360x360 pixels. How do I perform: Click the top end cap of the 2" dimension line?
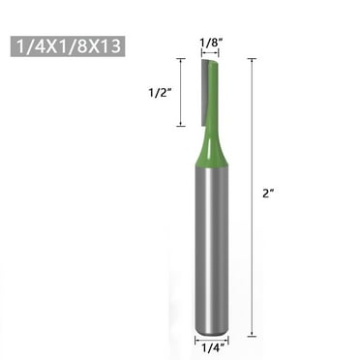click(253, 59)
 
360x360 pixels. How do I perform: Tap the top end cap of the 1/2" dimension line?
click(180, 59)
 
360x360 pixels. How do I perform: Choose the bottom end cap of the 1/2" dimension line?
click(180, 126)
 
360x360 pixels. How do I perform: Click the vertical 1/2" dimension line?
click(180, 92)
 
